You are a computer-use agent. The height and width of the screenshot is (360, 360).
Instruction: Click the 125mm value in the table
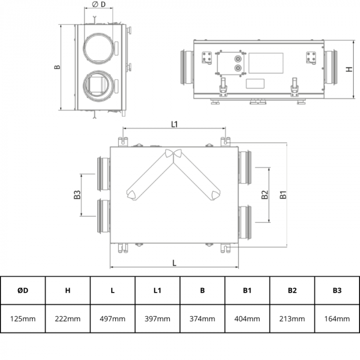coord(23,319)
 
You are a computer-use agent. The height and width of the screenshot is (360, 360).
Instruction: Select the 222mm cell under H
coord(67,319)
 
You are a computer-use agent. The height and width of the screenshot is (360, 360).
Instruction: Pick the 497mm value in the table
coord(113,319)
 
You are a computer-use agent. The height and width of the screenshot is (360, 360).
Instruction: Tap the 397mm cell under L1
coord(157,319)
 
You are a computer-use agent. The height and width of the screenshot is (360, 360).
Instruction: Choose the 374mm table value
coord(202,319)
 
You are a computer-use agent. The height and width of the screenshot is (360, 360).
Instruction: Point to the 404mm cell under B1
coord(247,319)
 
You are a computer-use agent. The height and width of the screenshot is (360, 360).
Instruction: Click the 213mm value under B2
coord(292,319)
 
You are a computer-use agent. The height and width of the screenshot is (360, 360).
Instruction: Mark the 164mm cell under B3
coord(337,319)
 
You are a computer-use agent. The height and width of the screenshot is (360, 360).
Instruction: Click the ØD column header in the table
coord(23,291)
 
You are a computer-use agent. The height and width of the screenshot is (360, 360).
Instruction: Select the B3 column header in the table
coord(337,291)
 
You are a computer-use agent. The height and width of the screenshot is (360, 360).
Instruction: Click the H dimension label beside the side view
coord(348,69)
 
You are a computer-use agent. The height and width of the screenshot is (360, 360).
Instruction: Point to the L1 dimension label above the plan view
coord(174,124)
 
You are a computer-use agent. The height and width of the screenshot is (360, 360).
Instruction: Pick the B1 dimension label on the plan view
coord(282,195)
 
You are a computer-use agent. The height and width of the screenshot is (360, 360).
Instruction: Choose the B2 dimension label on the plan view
coord(264,195)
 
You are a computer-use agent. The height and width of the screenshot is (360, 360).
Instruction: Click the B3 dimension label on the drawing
coord(77,195)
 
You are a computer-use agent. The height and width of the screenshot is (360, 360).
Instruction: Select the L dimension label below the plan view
coord(174,262)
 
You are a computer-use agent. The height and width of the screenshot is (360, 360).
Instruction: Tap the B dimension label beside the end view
coord(58,67)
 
